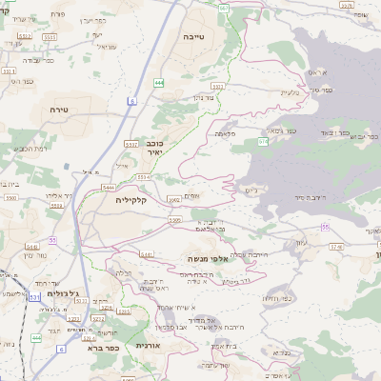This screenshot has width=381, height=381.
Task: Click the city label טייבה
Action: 201,35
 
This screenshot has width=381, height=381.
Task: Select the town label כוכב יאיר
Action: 155,147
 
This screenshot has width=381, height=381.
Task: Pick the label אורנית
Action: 145,346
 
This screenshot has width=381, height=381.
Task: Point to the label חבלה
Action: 124,272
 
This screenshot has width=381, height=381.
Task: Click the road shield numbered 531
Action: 34,298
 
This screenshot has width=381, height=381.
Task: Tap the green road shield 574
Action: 262,141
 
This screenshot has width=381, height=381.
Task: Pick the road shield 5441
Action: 147,255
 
